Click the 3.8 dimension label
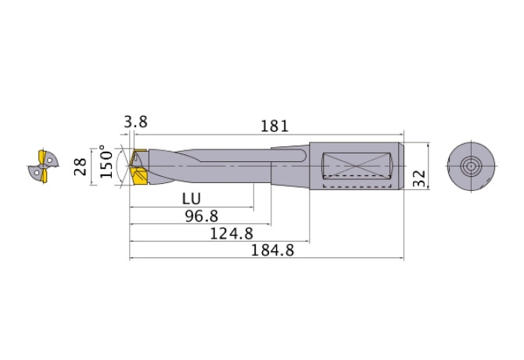[135, 122]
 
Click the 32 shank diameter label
[421, 179]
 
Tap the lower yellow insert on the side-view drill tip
[140, 178]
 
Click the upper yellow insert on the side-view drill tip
[140, 155]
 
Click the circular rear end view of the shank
[471, 167]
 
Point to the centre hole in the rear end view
[471, 167]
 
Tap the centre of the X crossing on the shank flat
[354, 164]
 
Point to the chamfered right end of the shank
[402, 167]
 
